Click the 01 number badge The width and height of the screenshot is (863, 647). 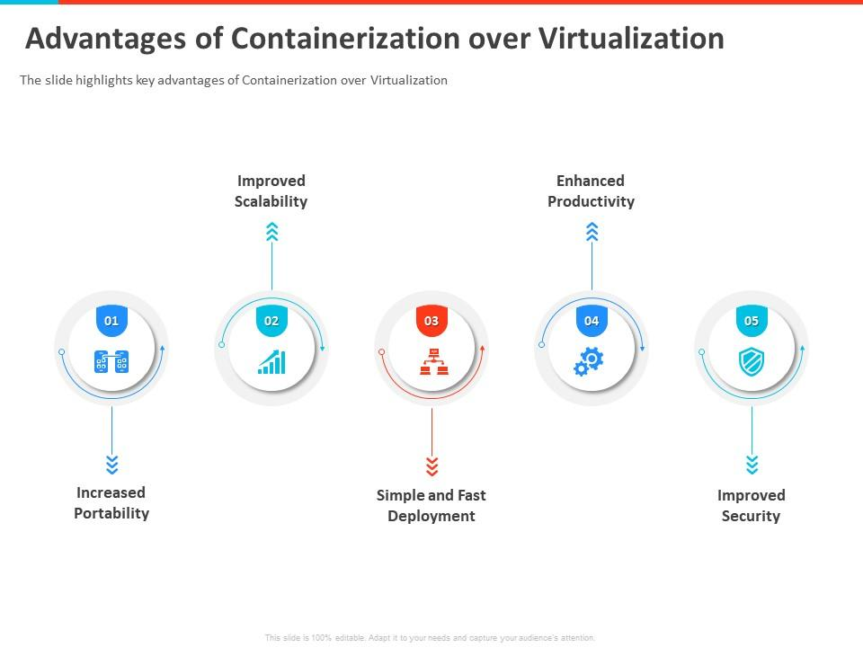pos(111,321)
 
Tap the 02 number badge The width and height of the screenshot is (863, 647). pos(271,321)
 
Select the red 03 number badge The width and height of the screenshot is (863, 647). pos(431,321)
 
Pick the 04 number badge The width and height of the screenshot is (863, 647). pos(592,321)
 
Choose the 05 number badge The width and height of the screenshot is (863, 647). pos(752,321)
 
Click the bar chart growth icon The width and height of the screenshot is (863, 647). pos(271,362)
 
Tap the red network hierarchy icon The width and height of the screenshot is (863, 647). pos(431,361)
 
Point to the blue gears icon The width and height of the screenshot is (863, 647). pos(589,361)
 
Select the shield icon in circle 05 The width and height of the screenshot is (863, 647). pos(751,362)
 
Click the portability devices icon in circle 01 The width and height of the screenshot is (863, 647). pos(111,361)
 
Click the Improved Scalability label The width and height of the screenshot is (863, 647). pos(271,191)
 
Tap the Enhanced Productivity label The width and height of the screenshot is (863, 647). pos(591,191)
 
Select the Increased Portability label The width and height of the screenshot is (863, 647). pos(111,503)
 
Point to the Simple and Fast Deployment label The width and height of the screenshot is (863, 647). pos(431,506)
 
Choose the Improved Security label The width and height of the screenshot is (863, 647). pos(751,506)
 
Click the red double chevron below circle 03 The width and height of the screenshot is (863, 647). pos(431,465)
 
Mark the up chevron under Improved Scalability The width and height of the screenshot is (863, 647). pos(271,233)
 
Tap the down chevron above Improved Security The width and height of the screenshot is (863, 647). pos(752,465)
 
